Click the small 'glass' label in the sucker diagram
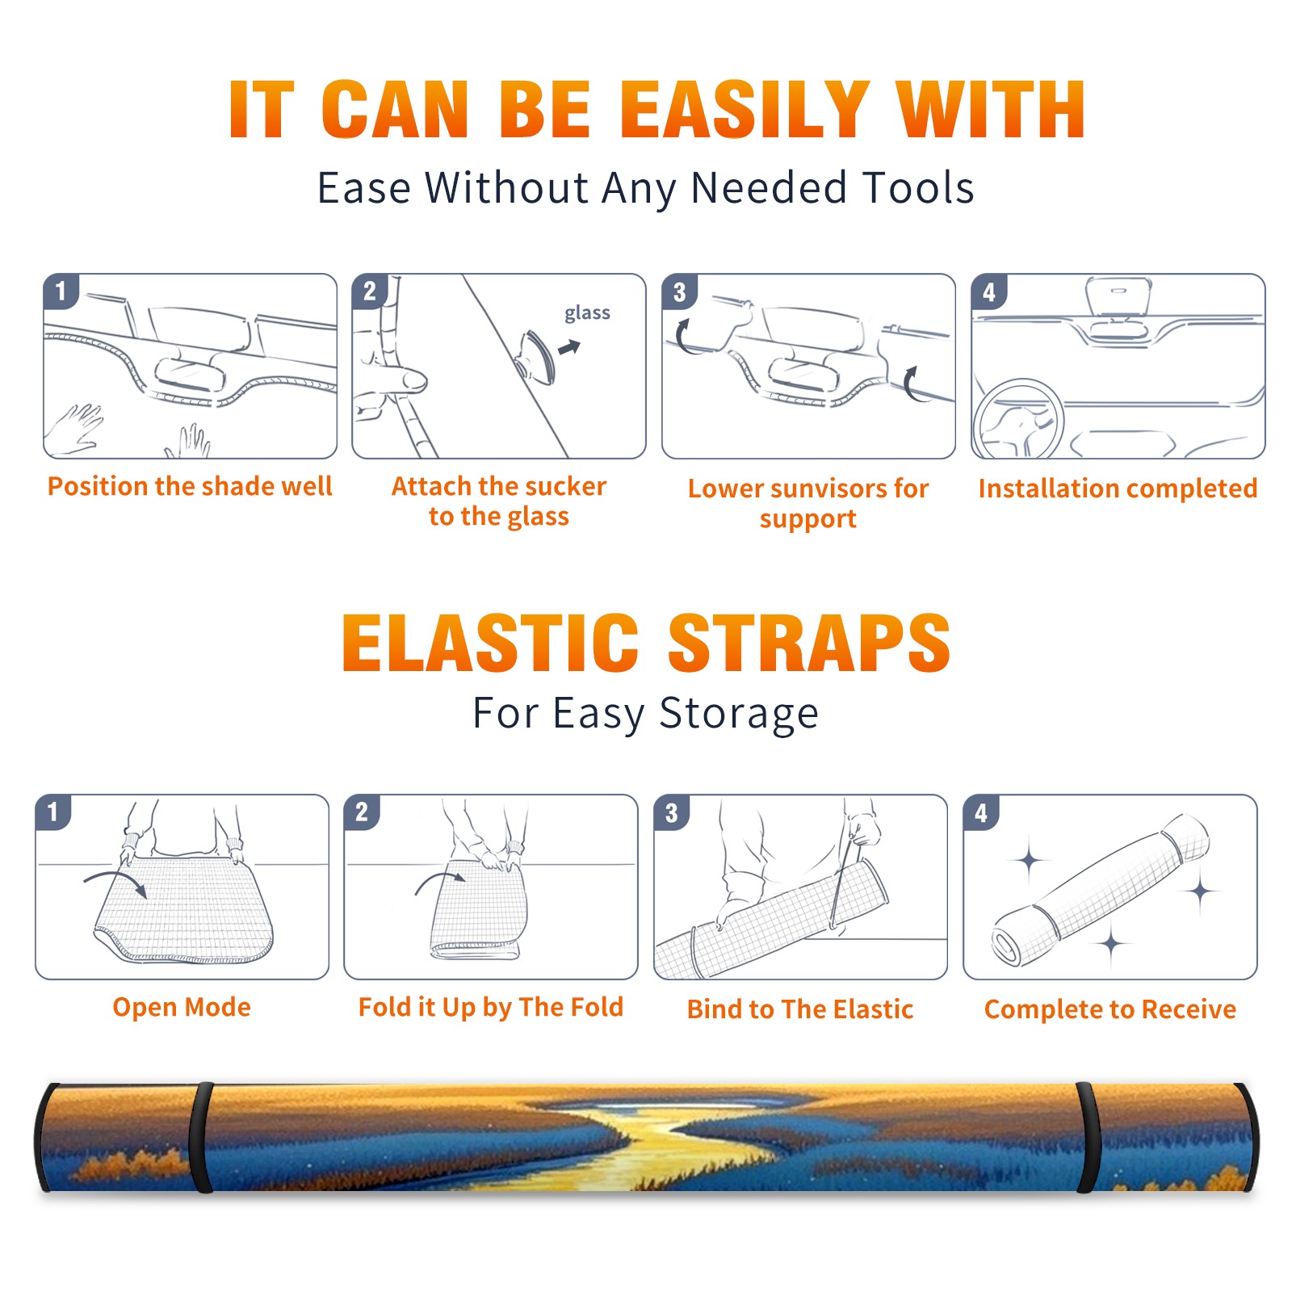587,313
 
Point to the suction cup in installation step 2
537,356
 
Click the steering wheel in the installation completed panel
1018,419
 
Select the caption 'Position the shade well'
190,486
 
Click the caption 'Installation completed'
1118,489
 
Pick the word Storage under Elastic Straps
739,714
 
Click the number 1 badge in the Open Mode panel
53,812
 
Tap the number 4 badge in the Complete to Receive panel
981,812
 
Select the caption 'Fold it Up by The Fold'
491,1007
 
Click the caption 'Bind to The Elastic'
800,1009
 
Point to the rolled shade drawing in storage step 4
1101,891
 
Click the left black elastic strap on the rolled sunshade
202,1137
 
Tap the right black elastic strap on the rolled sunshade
1086,1137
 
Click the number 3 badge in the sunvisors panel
679,292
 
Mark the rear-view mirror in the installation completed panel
1118,296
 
